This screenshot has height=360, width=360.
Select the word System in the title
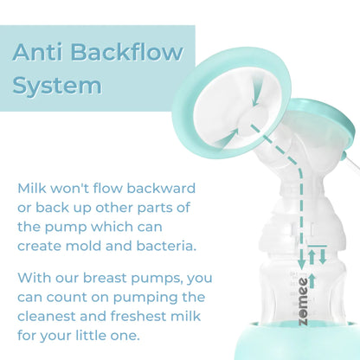(x=56, y=86)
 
